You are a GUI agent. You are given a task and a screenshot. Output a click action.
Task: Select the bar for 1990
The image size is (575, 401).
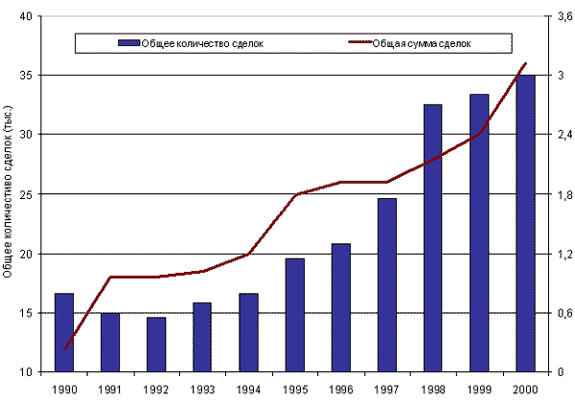click(x=64, y=332)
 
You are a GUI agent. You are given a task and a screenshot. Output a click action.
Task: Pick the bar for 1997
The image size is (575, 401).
click(x=386, y=284)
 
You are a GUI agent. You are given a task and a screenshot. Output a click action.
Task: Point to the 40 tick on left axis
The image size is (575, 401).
click(x=25, y=16)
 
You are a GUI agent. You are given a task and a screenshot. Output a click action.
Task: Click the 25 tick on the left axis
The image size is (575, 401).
click(x=25, y=194)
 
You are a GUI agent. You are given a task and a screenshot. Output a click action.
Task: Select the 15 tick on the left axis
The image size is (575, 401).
click(x=25, y=313)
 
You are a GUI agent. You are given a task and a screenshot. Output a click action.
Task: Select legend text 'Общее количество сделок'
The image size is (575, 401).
click(x=202, y=43)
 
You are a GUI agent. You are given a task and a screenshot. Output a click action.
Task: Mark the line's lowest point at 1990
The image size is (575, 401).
click(x=64, y=348)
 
